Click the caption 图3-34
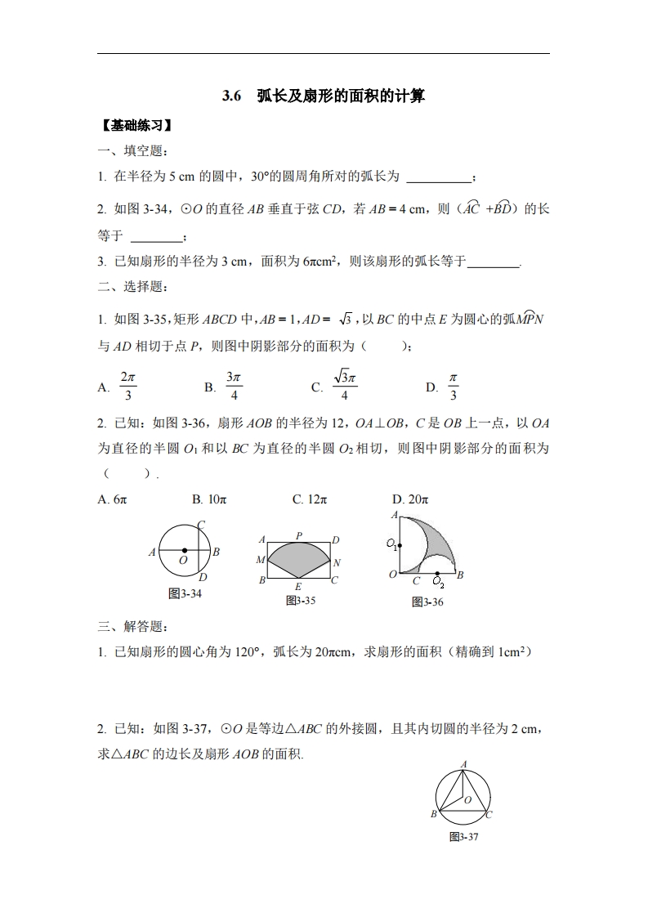coord(185,594)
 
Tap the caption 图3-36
coord(427,602)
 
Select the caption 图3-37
coord(463,837)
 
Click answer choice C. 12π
coord(310,499)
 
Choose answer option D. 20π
coord(410,499)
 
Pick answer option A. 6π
coord(112,499)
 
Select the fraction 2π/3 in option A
coord(127,387)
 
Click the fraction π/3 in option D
coord(454,387)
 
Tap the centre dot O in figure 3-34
coord(185,551)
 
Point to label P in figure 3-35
coord(299,535)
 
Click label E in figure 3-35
coord(298,587)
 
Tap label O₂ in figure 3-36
coord(439,582)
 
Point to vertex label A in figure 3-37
coord(464,764)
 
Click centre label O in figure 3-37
coord(468,800)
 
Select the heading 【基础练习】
coord(136,126)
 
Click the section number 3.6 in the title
coord(232,96)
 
